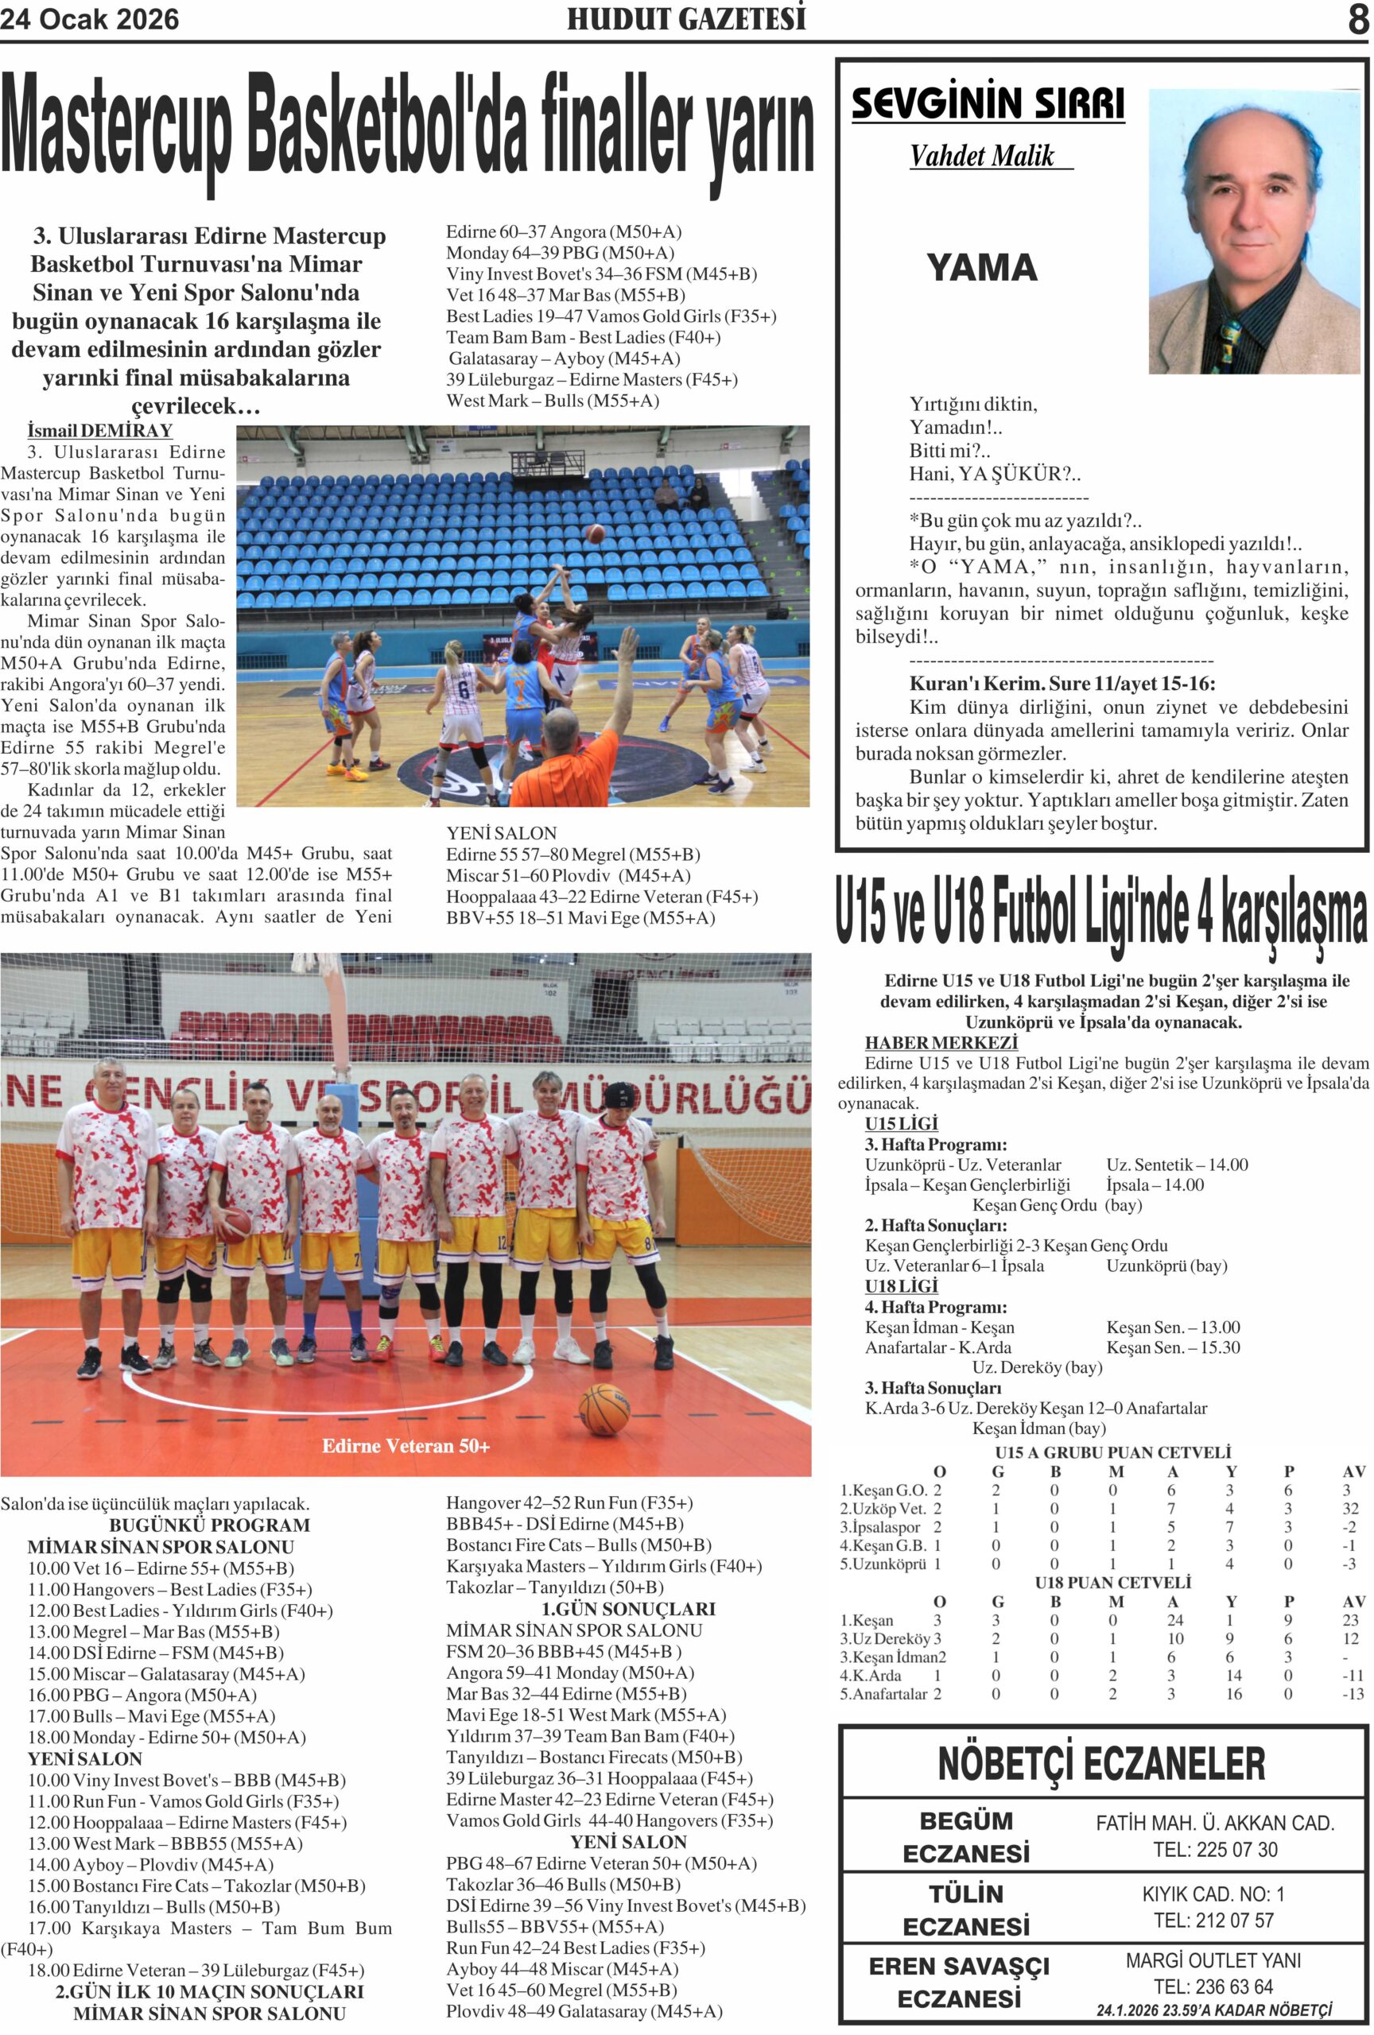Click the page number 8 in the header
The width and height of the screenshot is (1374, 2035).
pyautogui.click(x=1357, y=18)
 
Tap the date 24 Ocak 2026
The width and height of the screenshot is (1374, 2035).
pyautogui.click(x=89, y=19)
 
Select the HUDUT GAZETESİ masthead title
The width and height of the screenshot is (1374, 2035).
pyautogui.click(x=685, y=18)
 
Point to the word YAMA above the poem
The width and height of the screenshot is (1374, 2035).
pyautogui.click(x=982, y=267)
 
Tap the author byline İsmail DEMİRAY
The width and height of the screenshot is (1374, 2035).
pyautogui.click(x=100, y=430)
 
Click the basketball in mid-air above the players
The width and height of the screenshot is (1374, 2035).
pyautogui.click(x=596, y=533)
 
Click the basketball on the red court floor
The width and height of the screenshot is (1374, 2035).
pyautogui.click(x=604, y=1409)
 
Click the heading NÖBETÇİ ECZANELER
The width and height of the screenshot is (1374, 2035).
pyautogui.click(x=1101, y=1764)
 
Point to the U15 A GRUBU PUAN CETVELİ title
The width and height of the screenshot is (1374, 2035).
pyautogui.click(x=1113, y=1452)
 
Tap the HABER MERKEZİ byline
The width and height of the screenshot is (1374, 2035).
pyautogui.click(x=941, y=1043)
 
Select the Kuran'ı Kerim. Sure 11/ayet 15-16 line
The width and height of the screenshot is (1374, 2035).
pyautogui.click(x=1062, y=684)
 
